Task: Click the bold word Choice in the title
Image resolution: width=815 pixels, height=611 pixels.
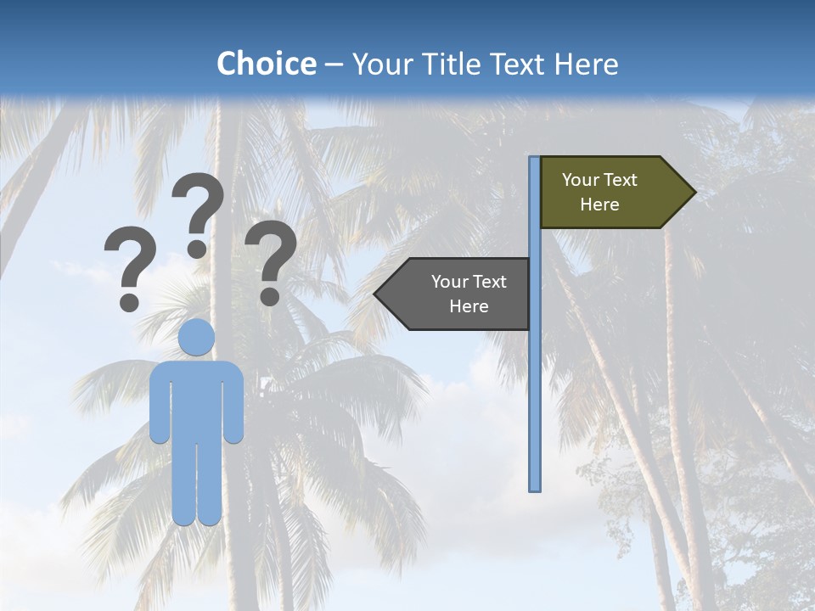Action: [266, 64]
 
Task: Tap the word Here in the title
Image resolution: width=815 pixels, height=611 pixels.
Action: [586, 64]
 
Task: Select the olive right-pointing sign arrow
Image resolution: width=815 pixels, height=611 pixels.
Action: [611, 193]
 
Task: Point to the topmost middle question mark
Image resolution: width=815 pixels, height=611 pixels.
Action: [198, 208]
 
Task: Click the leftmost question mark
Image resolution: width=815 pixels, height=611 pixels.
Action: [130, 263]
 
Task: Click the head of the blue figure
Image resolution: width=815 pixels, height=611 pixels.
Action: [196, 337]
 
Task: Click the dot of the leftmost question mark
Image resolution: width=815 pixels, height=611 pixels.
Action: [130, 301]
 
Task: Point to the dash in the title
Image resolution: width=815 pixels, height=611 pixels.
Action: [334, 65]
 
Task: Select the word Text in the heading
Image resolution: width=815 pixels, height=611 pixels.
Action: [521, 64]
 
